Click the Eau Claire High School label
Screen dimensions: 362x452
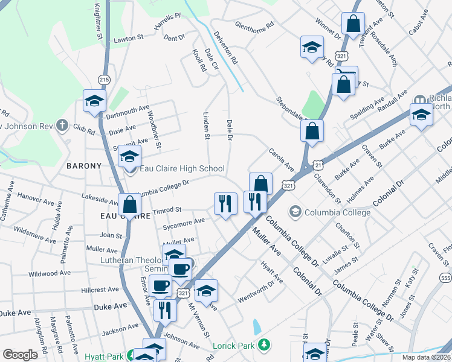tap(182, 169)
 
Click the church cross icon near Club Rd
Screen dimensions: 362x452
tap(61, 125)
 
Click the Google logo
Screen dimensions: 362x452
tap(21, 355)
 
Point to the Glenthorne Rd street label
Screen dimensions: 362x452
tap(254, 27)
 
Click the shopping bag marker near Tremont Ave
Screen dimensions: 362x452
tap(353, 24)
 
